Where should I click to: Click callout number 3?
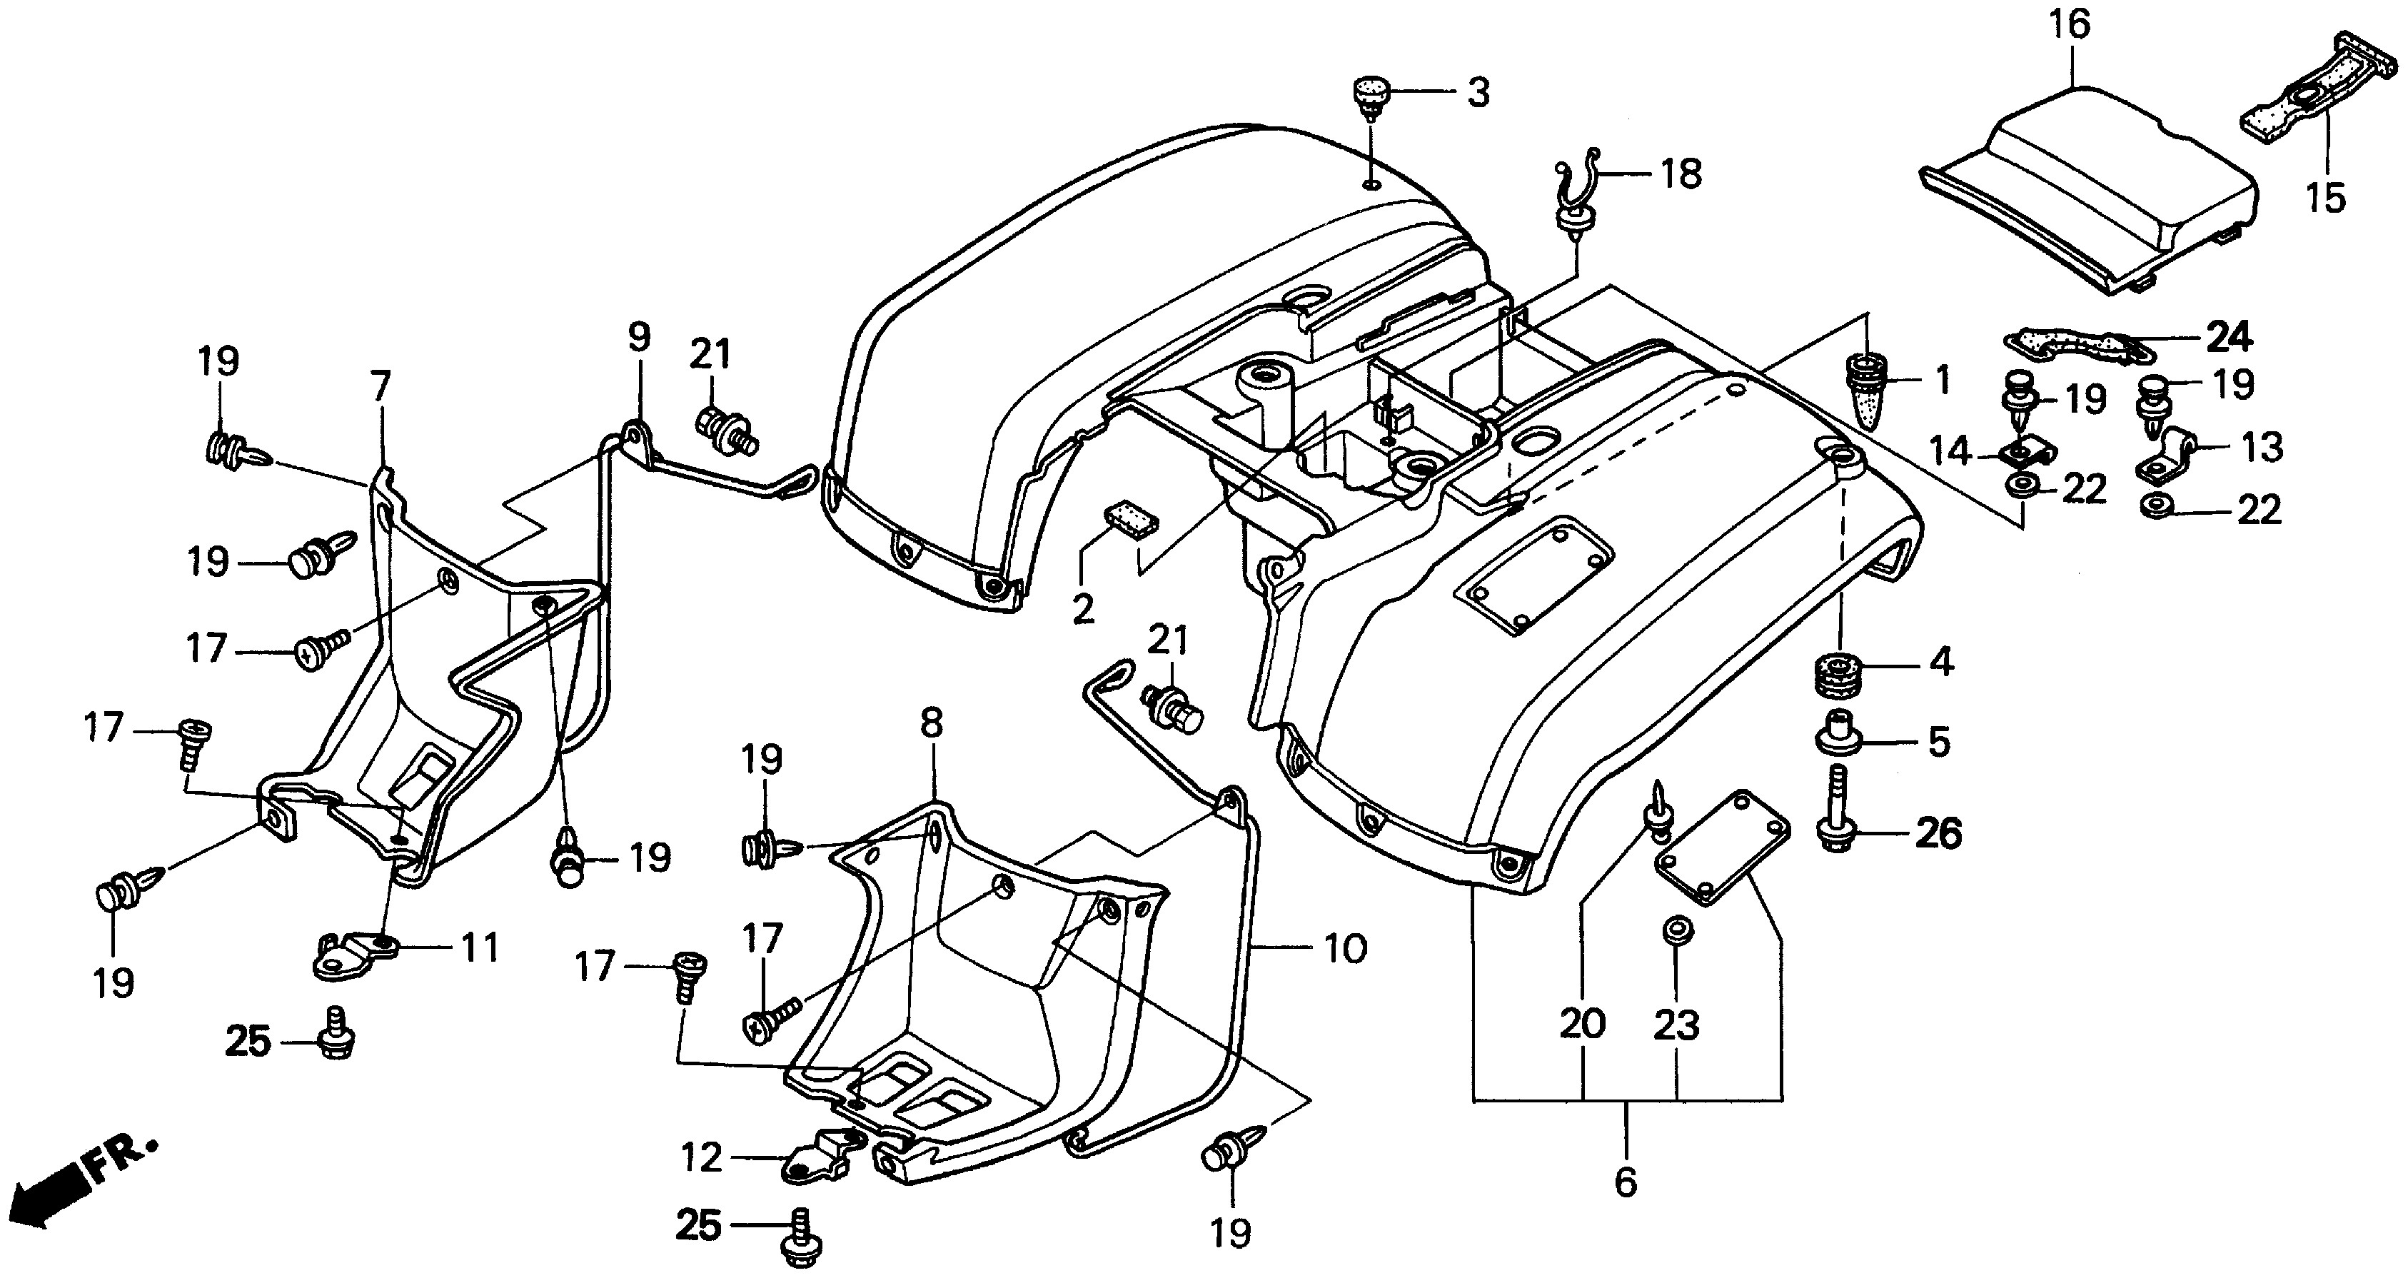pyautogui.click(x=1478, y=93)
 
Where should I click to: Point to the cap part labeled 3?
pyautogui.click(x=1371, y=99)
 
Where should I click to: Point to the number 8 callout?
pyautogui.click(x=931, y=723)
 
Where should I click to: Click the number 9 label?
pyautogui.click(x=638, y=337)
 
